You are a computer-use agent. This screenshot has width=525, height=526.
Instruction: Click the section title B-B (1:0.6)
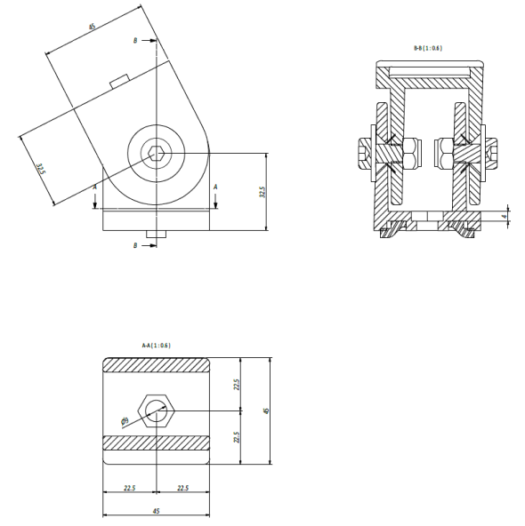click(429, 48)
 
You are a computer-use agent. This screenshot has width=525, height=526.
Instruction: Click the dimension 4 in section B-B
click(503, 215)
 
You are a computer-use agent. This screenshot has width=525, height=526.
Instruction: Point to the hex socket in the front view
click(156, 153)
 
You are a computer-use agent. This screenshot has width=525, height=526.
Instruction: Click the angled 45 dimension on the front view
click(93, 27)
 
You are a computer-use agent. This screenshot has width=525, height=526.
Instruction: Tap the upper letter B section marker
click(134, 40)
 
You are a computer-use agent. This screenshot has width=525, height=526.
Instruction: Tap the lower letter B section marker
click(134, 244)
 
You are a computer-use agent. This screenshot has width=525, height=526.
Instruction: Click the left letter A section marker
click(95, 187)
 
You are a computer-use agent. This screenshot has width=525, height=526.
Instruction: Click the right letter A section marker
click(215, 187)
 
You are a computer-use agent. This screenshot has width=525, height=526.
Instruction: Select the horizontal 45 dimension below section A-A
click(157, 512)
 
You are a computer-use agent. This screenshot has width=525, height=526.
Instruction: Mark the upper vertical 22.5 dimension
click(237, 384)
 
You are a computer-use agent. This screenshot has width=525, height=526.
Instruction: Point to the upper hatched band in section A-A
click(157, 365)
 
